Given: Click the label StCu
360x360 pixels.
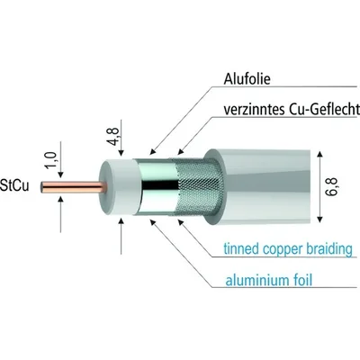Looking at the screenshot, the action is coord(15,185).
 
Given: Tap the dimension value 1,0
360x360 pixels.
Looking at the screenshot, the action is coord(51,159).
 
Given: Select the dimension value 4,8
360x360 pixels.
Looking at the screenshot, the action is coord(113,136).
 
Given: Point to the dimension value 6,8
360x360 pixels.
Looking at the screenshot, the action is coord(331,187).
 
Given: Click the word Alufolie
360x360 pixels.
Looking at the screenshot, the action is coord(247,79).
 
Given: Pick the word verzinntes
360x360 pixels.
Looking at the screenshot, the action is coord(254,110).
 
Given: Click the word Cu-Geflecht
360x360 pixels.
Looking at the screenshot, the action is coord(325,110).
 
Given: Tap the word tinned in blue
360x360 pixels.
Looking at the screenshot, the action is coord(241,248).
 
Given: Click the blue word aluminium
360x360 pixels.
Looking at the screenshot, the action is coord(252,281).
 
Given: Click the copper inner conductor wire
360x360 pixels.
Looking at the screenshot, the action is coord(74,187).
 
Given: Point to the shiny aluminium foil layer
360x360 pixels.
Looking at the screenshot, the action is coord(156,186).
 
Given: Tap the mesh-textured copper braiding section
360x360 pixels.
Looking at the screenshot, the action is coord(195,186).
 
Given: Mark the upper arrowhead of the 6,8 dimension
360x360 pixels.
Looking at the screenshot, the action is coord(319,155).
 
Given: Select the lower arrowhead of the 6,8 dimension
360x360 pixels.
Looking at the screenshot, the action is coord(319,219).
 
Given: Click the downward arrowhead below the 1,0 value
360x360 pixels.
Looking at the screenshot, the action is coord(61,175).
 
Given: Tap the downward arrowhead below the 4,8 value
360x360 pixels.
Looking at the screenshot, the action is coord(121,153).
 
